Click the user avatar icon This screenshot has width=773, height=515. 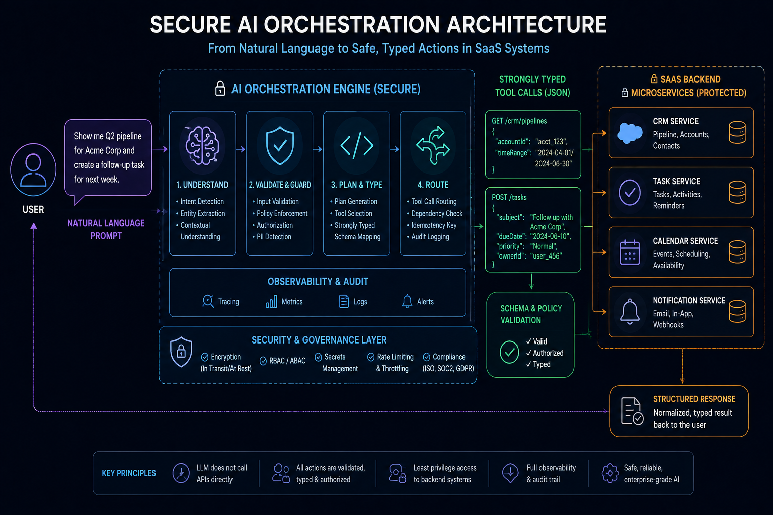pyautogui.click(x=33, y=169)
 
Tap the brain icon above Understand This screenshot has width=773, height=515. pyautogui.click(x=202, y=145)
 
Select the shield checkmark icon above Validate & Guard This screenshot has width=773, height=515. pyautogui.click(x=279, y=145)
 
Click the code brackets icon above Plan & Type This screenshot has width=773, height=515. pyautogui.click(x=356, y=145)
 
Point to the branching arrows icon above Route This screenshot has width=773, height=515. pyautogui.click(x=433, y=145)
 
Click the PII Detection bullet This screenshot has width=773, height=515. pyautogui.click(x=272, y=237)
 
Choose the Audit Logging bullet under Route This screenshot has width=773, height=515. pyautogui.click(x=428, y=237)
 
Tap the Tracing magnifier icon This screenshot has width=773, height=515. pyautogui.click(x=208, y=301)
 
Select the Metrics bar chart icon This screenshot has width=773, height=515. pyautogui.click(x=271, y=301)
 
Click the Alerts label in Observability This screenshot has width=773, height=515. pyautogui.click(x=425, y=301)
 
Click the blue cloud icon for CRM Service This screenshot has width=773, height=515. pyautogui.click(x=630, y=133)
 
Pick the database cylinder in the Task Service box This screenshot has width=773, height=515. pyautogui.click(x=737, y=192)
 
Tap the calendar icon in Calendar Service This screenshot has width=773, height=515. pyautogui.click(x=630, y=252)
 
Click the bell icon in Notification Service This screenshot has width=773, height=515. pyautogui.click(x=630, y=311)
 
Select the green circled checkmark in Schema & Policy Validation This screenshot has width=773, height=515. pyautogui.click(x=509, y=352)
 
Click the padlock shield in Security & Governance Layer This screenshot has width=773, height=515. pyautogui.click(x=181, y=352)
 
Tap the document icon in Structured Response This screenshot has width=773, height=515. pyautogui.click(x=632, y=411)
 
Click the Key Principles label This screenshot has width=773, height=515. pyautogui.click(x=129, y=473)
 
